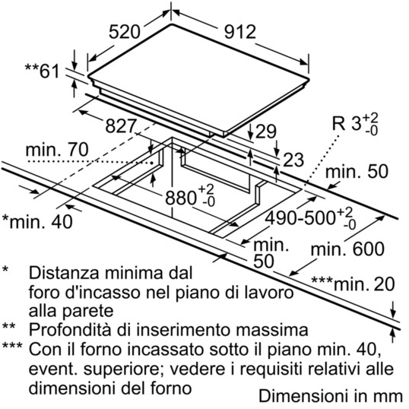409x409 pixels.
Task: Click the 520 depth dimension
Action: coord(125,32)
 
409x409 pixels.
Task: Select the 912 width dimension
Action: coord(240,32)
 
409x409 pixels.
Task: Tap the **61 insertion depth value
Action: coord(43,71)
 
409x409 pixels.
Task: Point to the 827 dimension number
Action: coord(121,125)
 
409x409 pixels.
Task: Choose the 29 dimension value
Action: coord(265,132)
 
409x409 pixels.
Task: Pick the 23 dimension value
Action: coord(293,160)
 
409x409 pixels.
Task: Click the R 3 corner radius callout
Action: coord(355,124)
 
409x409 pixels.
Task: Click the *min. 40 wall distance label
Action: coord(37,222)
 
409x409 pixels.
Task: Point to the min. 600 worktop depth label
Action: coord(347,249)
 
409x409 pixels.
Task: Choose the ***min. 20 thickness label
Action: coord(353,284)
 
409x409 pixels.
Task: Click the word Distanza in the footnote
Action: coord(64,273)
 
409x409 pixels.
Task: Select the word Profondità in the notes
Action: coord(71,330)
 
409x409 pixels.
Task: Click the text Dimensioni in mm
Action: coord(331,396)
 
